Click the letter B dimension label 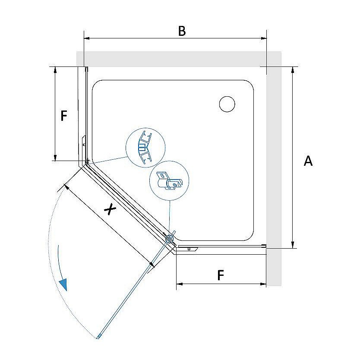coord(182,31)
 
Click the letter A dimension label coord(308,161)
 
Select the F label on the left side coord(64,116)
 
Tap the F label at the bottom coord(221,275)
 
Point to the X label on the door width coord(110,209)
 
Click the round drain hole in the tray coord(227,104)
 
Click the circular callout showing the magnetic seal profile coord(145,147)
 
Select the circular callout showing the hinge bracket coord(169,180)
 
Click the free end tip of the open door coord(98,338)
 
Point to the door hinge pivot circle coord(170,239)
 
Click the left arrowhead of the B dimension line coord(87,38)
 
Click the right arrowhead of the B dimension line coord(263,38)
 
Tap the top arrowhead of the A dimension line coord(293,70)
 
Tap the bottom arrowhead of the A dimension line coord(293,245)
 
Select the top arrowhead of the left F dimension coord(55,70)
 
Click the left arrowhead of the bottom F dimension coord(180,284)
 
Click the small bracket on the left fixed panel coord(84,142)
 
